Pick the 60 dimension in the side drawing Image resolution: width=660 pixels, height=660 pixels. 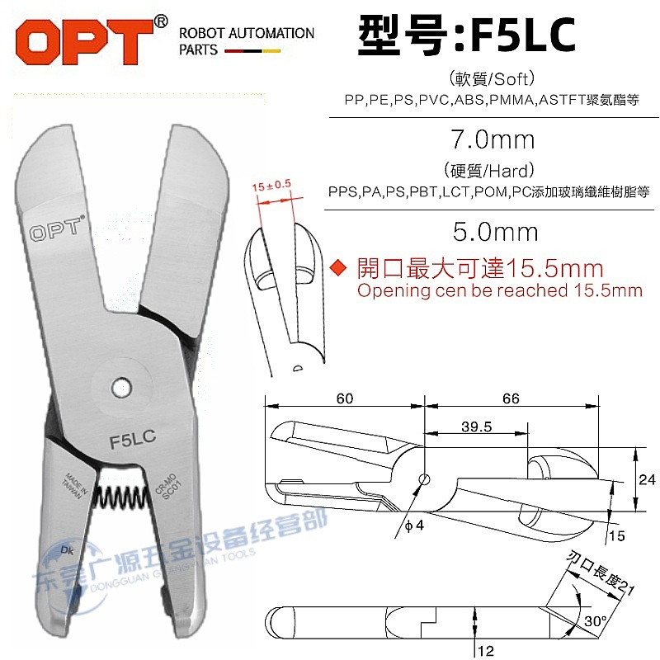(345, 398)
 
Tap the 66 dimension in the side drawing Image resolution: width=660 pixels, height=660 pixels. (511, 398)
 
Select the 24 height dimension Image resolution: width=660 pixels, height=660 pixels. (648, 480)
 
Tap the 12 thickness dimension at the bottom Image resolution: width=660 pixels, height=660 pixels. (487, 651)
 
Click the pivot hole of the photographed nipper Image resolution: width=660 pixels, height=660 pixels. (122, 386)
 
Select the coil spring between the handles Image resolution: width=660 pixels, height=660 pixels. (122, 495)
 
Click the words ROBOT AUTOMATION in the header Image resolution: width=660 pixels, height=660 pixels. (247, 33)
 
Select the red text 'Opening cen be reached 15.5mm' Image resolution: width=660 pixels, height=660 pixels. (498, 290)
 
